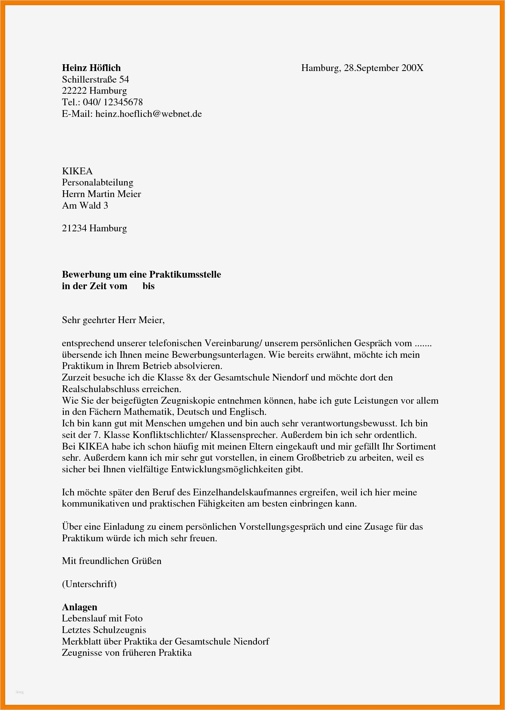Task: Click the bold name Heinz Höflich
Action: point(91,68)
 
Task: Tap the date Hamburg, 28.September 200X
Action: point(362,68)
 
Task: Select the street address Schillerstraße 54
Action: point(95,79)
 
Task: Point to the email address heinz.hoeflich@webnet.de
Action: point(148,114)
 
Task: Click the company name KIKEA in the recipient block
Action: point(77,171)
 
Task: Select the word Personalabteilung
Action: point(97,183)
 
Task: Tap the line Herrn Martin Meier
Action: point(101,194)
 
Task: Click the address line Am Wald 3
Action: point(85,205)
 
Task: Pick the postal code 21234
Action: point(74,228)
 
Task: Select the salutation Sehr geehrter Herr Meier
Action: point(113,320)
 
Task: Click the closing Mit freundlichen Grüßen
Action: point(111,561)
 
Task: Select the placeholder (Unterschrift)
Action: point(89,584)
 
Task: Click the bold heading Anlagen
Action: point(79,607)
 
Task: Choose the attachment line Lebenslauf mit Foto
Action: point(102,618)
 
